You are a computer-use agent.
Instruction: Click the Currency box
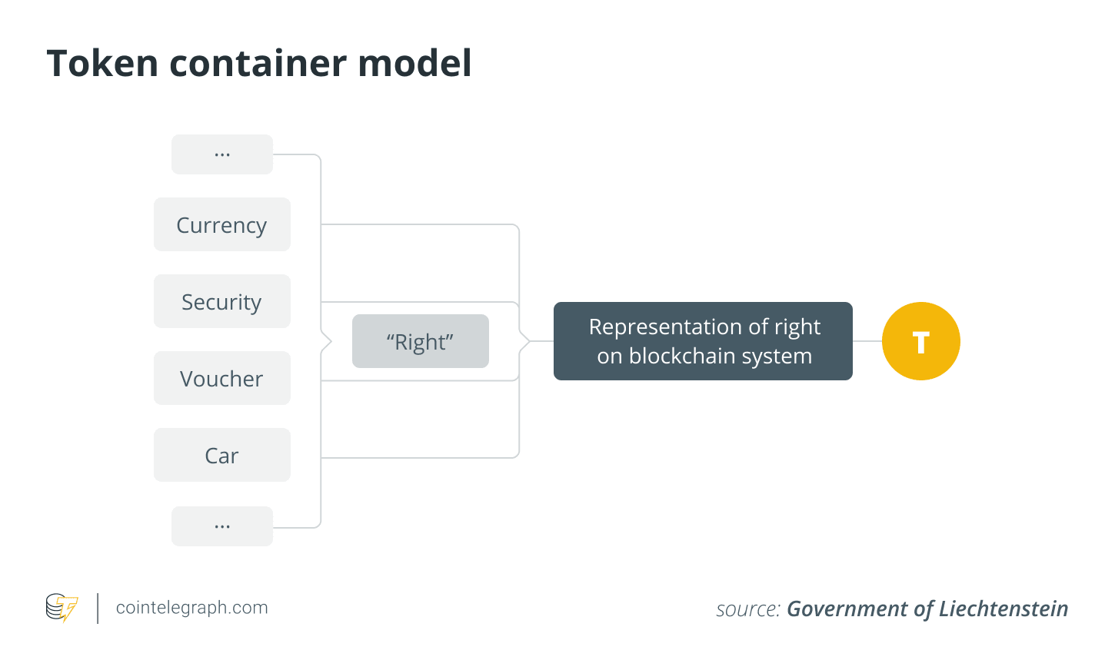pos(222,224)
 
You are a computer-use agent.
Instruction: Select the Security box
pos(222,301)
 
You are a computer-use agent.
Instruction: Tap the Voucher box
pos(222,378)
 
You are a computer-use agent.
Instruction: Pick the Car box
pos(222,455)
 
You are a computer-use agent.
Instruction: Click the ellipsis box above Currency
pos(222,154)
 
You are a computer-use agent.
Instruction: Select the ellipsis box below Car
pos(222,526)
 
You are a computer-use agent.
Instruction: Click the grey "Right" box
pos(421,341)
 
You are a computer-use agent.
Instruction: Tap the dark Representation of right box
pos(703,341)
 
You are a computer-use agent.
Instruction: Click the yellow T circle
pos(921,341)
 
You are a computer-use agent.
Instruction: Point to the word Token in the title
pos(102,63)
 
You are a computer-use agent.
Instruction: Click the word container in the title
pos(258,63)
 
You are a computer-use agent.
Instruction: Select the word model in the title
pos(414,63)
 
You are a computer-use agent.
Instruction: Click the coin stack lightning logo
pos(62,607)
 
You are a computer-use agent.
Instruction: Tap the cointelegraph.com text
pos(192,607)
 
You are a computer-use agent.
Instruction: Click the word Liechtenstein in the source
pos(1003,609)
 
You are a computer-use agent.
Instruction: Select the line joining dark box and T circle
pos(867,341)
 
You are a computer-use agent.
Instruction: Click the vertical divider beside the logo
pos(98,608)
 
